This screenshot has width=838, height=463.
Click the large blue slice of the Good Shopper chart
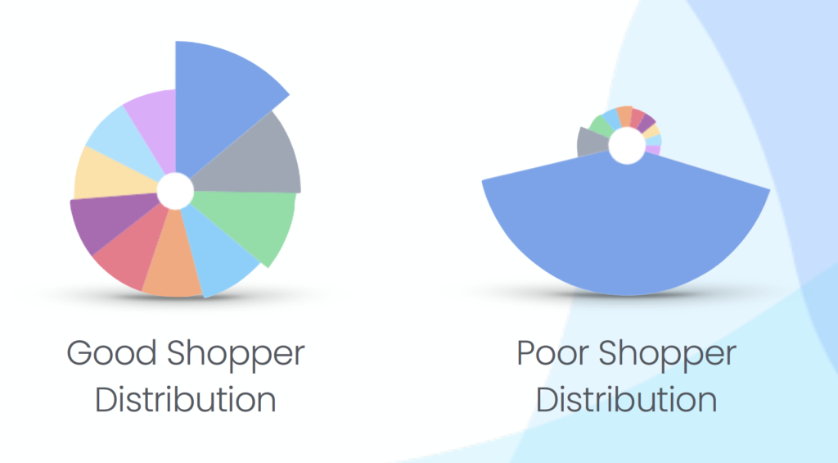coord(219,102)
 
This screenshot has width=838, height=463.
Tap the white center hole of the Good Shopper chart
coord(175,191)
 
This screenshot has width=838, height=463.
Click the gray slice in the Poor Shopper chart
coord(592,143)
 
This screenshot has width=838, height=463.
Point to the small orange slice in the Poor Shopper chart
coord(624,116)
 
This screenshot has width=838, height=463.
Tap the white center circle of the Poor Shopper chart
coord(627,146)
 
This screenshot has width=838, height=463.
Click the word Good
coord(111,354)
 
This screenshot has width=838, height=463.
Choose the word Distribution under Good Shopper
coord(186,399)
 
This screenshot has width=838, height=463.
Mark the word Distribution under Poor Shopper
coord(626,399)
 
